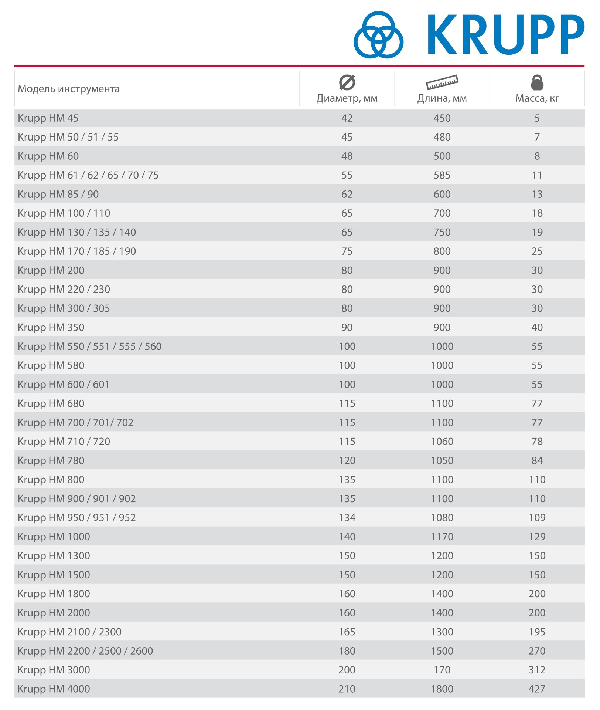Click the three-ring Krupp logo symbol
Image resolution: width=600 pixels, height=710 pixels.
point(378,35)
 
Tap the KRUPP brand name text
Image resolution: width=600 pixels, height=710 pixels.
point(505,35)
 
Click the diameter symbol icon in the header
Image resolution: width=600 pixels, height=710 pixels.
point(347,82)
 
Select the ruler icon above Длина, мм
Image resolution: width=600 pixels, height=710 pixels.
point(442,82)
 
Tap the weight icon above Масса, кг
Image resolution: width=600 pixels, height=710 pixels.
point(537,82)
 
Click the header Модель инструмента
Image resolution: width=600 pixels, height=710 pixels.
point(69,89)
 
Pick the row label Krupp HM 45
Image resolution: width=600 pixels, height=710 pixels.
point(48,118)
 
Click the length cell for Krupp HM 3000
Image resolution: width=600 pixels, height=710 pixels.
point(442,670)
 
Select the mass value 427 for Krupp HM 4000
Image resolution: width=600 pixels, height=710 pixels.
point(537,689)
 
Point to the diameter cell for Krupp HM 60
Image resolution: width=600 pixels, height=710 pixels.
point(347,156)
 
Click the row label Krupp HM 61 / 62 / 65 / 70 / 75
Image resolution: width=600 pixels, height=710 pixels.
point(88,175)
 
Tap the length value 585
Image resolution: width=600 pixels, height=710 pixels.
point(442,175)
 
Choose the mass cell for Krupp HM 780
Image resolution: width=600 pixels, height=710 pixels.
point(537,460)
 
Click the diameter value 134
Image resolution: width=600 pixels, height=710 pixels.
point(347,518)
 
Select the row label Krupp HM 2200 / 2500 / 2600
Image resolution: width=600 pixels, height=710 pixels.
point(85,651)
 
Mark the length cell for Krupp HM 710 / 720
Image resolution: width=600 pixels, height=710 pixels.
point(442,442)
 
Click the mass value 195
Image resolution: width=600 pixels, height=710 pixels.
point(537,632)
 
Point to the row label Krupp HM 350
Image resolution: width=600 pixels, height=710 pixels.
point(51,327)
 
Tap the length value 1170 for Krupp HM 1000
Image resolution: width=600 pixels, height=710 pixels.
point(442,537)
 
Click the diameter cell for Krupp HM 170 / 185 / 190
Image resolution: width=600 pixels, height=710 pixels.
point(347,251)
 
